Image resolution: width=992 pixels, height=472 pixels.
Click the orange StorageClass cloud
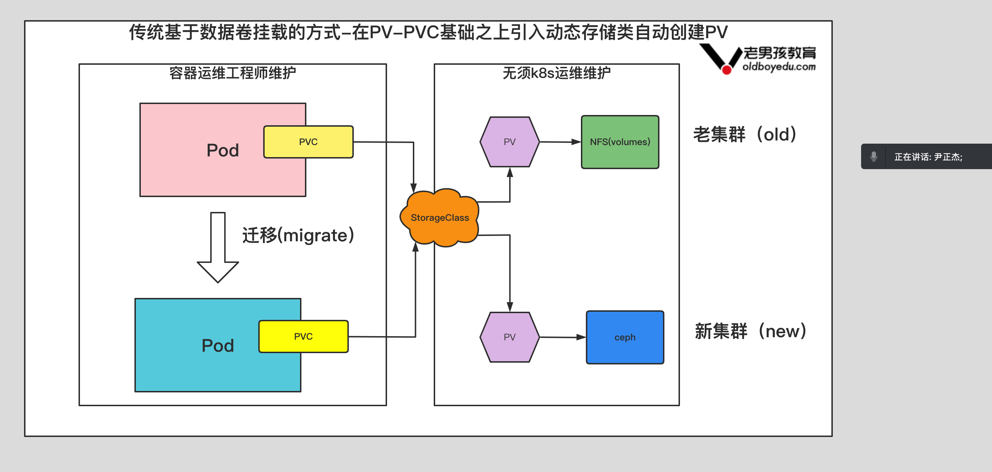tap(439, 218)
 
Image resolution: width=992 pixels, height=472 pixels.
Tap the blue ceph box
tap(625, 337)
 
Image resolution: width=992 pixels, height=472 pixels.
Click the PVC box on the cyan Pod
tap(303, 336)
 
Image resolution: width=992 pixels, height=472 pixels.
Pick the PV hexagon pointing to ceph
tap(509, 337)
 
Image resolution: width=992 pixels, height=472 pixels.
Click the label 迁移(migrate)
tap(298, 235)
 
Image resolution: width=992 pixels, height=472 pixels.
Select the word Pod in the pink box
tap(223, 150)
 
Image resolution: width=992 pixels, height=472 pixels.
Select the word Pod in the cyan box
tap(218, 346)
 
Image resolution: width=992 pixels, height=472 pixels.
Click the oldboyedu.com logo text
tap(779, 67)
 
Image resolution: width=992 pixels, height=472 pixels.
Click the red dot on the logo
tap(726, 70)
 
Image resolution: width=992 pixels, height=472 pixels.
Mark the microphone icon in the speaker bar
tap(873, 156)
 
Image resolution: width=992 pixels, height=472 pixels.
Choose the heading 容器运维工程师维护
tap(232, 73)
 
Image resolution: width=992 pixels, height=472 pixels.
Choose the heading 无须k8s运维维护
tap(556, 73)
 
